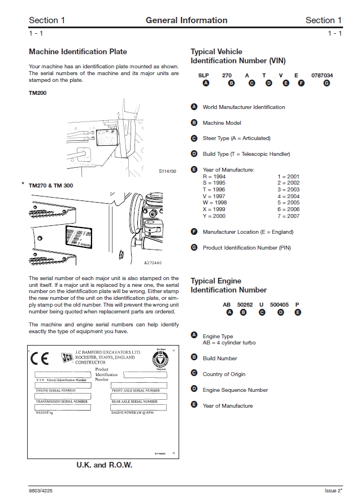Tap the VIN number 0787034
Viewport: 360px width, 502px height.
click(322, 75)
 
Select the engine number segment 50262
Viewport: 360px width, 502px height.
click(245, 304)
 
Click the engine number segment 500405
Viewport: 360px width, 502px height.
click(279, 304)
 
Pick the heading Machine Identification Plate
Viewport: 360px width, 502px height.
click(78, 52)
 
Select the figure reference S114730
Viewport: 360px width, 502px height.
click(167, 171)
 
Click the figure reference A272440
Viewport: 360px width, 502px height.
click(153, 263)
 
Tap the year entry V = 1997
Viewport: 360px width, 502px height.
click(215, 196)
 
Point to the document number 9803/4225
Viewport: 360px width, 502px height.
click(41, 490)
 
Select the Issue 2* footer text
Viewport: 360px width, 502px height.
click(333, 490)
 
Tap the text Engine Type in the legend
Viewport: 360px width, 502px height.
click(218, 337)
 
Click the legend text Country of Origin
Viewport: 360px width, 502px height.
click(224, 374)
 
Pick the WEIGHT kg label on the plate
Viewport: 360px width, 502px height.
click(45, 413)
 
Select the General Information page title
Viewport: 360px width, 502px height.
click(186, 20)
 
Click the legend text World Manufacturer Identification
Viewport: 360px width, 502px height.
click(244, 107)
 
